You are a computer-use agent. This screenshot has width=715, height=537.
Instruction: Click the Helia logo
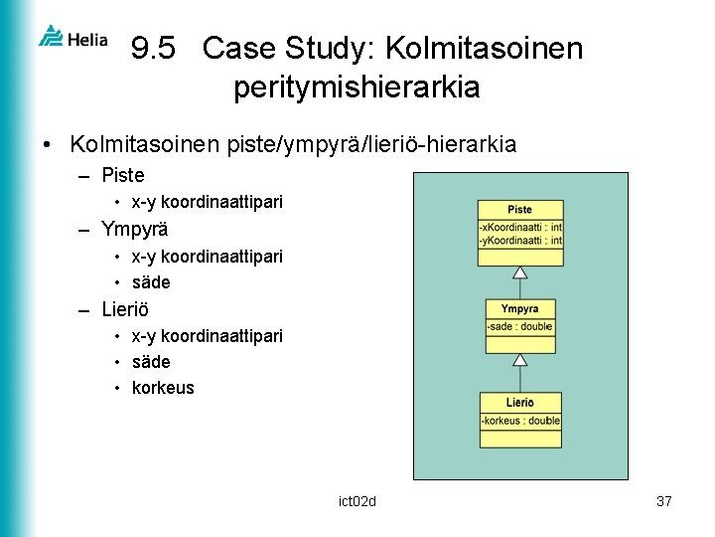point(71,38)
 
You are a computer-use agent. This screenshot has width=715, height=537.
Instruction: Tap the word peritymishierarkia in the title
point(357,88)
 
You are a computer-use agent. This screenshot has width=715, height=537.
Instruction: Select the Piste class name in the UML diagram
point(519,210)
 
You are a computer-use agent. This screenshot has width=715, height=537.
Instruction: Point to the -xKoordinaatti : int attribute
point(520,228)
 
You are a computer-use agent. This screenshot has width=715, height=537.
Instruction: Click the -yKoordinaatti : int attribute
point(520,240)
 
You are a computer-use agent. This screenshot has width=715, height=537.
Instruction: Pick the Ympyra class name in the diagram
point(519,308)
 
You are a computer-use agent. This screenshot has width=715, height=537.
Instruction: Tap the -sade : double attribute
point(519,326)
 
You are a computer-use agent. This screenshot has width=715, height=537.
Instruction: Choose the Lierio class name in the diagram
point(519,403)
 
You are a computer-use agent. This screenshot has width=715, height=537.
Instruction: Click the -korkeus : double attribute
point(520,421)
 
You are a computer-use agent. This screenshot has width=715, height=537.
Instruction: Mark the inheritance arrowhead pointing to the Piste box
point(518,272)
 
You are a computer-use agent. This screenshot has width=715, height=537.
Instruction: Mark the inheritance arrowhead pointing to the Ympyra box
point(518,359)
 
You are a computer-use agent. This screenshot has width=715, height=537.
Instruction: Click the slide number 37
point(664,501)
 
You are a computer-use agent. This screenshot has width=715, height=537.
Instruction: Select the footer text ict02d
point(357,501)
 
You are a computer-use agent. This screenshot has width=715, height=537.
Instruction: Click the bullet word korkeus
point(163,388)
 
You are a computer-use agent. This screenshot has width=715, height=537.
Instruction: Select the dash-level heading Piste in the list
point(123,176)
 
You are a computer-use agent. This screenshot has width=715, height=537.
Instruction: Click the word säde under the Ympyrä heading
point(151,282)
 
